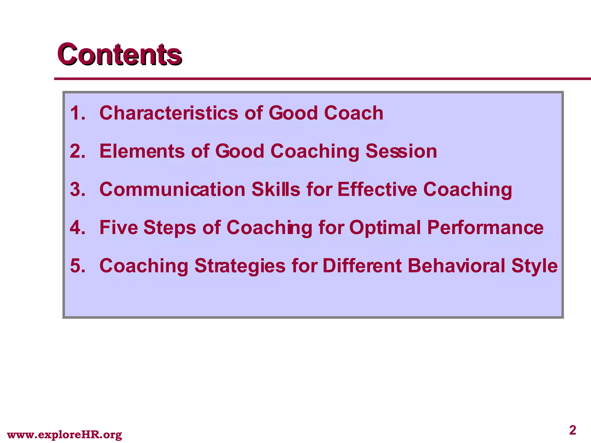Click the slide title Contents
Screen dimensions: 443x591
[119, 54]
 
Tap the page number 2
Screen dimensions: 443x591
[573, 430]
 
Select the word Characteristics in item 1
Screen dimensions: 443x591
[169, 113]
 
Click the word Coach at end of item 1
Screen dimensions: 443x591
[354, 113]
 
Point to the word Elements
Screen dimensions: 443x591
[142, 151]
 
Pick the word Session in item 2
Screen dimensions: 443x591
[401, 151]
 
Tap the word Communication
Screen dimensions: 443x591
[172, 189]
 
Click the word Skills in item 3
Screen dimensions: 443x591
[276, 189]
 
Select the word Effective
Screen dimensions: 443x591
[377, 189]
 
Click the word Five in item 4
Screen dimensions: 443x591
[119, 228]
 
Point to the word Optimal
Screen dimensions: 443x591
[385, 228]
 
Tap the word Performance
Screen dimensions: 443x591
[485, 228]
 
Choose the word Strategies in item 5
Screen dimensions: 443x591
[240, 266]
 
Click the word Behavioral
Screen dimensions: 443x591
[456, 266]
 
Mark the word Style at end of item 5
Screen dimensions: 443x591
[534, 266]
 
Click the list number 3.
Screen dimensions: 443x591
[78, 189]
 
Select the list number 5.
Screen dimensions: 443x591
[78, 266]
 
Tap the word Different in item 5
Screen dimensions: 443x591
[362, 266]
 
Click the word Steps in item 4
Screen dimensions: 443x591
[170, 228]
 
